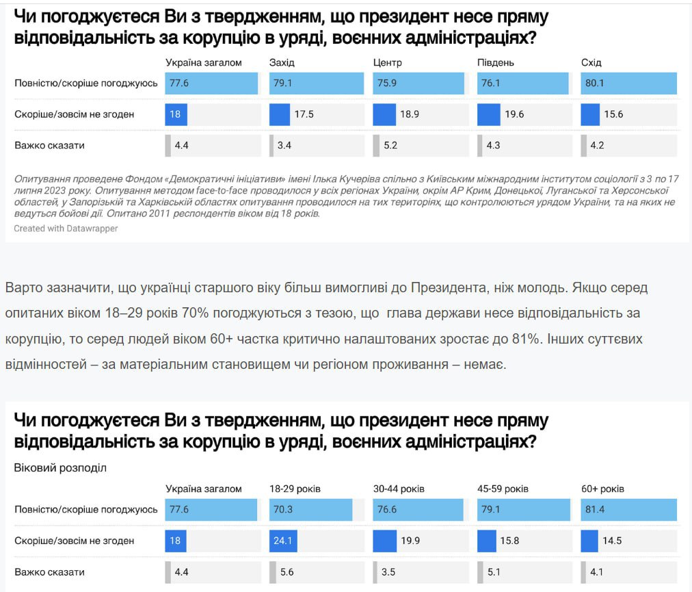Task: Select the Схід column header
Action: click(x=591, y=63)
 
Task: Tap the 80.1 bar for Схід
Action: click(x=628, y=83)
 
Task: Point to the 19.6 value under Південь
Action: click(x=514, y=114)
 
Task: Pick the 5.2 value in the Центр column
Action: click(x=391, y=146)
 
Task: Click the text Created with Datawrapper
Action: click(x=66, y=229)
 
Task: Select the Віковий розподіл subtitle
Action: click(x=60, y=468)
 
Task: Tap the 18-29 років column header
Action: click(x=295, y=489)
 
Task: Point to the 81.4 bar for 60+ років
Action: click(x=628, y=510)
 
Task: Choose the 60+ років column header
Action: click(x=602, y=489)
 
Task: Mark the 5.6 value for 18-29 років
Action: click(x=287, y=572)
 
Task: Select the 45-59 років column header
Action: click(x=503, y=489)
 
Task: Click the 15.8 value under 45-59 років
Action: click(x=512, y=541)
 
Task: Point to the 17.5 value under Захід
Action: click(x=304, y=114)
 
